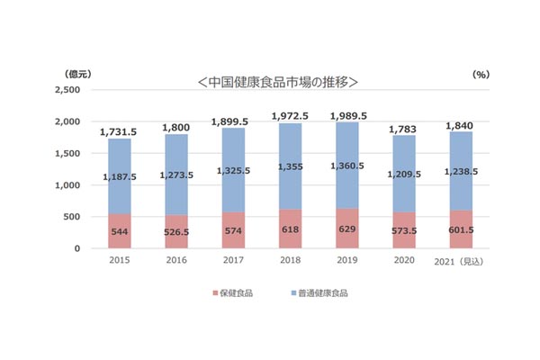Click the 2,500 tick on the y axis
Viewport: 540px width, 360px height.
pyautogui.click(x=67, y=90)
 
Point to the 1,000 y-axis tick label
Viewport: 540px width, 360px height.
pyautogui.click(x=67, y=185)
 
